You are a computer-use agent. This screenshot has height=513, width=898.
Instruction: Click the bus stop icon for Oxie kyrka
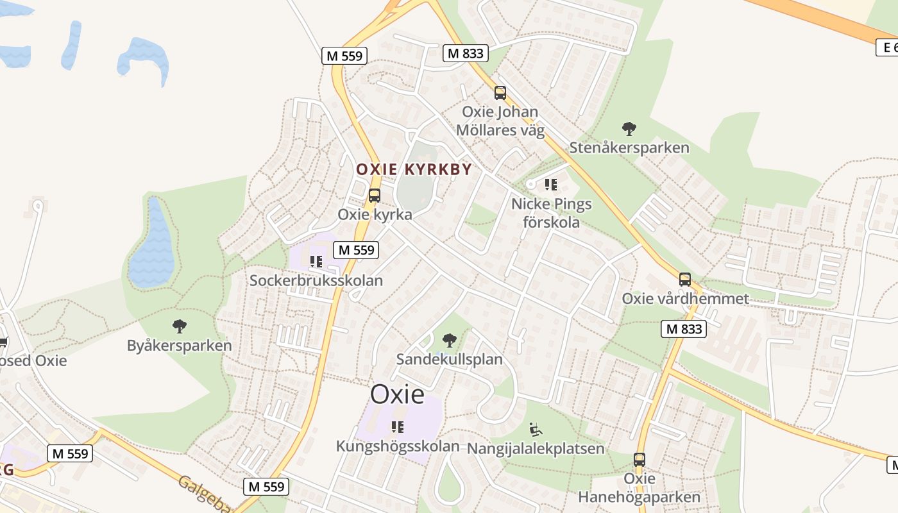(375, 196)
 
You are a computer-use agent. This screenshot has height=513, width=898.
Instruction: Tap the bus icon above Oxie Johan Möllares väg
(500, 93)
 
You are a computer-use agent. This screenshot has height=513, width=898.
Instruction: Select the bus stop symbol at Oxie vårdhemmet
(685, 280)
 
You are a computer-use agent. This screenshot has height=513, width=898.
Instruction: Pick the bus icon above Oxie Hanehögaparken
(640, 460)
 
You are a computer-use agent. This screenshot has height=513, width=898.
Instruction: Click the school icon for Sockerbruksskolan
(316, 262)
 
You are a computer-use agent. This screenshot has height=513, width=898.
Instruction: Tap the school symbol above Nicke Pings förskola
(550, 185)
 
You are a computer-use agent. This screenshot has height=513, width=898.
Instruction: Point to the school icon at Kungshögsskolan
(398, 426)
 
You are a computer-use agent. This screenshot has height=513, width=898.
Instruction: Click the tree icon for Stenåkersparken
(629, 129)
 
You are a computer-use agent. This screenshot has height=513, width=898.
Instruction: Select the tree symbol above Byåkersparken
(180, 326)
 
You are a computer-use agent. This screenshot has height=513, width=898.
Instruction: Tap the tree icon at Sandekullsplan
(450, 340)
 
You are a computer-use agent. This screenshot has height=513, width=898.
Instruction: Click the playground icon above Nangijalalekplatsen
(536, 429)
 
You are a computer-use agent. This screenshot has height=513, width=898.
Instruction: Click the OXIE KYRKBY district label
(414, 170)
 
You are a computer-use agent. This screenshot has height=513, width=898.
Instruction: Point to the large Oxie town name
(398, 394)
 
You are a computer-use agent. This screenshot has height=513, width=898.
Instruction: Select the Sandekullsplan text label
(449, 359)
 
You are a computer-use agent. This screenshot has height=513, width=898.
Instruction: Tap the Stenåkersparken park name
(629, 148)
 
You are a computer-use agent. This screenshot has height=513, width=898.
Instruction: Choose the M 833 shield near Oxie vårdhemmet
(684, 329)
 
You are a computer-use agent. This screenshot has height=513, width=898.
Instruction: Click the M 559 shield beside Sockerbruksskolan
(356, 250)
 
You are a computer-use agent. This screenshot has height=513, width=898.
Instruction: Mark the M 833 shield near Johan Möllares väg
(466, 53)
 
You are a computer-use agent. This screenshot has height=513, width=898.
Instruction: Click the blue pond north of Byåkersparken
(151, 247)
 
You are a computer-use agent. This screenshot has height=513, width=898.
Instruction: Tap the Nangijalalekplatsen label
(536, 448)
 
